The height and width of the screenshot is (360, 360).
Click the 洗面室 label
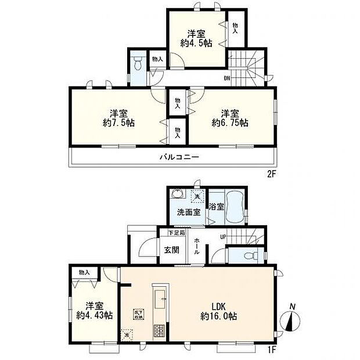[189, 212]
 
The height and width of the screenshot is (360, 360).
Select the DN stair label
[228, 78]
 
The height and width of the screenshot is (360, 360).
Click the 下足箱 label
[176, 233]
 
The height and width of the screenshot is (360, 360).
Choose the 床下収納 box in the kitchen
[138, 314]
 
